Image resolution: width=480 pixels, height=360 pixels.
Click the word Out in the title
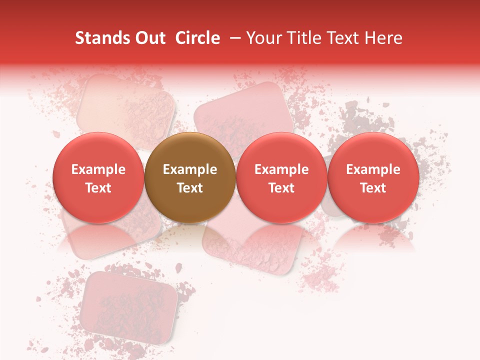[x=150, y=38]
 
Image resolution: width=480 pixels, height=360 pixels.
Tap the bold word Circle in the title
[x=197, y=38]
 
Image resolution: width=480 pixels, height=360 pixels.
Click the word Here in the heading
[x=383, y=38]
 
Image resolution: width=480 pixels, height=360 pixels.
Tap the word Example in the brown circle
[x=190, y=169]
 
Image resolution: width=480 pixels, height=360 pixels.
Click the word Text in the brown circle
[x=190, y=188]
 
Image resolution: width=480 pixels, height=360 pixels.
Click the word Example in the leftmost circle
[x=98, y=169]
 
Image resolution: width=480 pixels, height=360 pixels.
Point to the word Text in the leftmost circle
[x=98, y=188]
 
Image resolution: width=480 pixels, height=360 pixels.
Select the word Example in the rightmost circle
[x=373, y=169]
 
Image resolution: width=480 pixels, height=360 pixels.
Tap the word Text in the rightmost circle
[x=373, y=188]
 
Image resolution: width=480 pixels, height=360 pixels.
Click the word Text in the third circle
[x=281, y=188]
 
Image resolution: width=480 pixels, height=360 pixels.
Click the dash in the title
[x=233, y=38]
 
